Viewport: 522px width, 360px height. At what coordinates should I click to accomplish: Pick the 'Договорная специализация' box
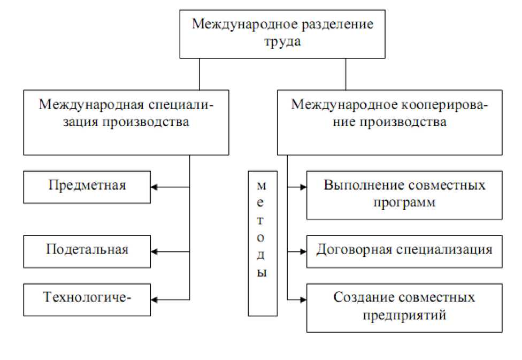point(404,250)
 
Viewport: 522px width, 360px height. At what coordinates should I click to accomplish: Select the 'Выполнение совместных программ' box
point(404,195)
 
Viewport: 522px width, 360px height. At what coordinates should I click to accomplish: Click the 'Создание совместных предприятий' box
point(404,308)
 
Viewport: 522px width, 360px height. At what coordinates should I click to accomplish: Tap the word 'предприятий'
point(404,316)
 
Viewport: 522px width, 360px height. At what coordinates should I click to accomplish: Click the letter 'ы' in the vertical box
point(262,273)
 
